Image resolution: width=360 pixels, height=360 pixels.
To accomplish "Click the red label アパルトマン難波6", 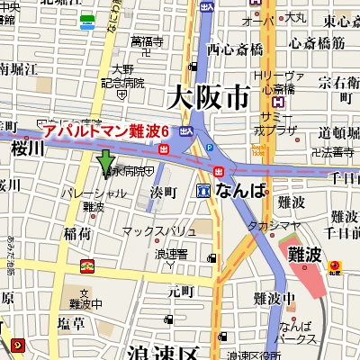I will (x=107, y=131).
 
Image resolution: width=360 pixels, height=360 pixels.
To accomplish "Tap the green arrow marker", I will (x=106, y=163).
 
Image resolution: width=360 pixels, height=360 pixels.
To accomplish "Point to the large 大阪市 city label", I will (x=207, y=94).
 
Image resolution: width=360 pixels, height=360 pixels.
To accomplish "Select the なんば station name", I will (x=240, y=191).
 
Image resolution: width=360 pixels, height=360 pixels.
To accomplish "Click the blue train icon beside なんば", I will (x=204, y=191).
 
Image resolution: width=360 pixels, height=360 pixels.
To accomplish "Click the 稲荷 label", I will (x=76, y=233).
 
